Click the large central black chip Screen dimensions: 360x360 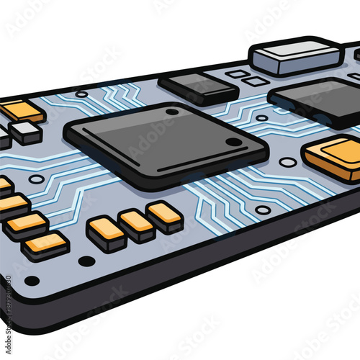pyautogui.click(x=166, y=144)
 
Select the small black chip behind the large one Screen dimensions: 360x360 pyautogui.click(x=197, y=87)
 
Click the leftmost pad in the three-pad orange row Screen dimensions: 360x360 pyautogui.click(x=107, y=232)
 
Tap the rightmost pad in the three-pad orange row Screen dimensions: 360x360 pyautogui.click(x=165, y=215)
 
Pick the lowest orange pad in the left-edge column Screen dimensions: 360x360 pyautogui.click(x=45, y=245)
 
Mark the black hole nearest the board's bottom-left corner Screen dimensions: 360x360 pyautogui.click(x=32, y=280)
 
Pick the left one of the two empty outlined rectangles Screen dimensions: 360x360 pyautogui.click(x=236, y=73)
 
